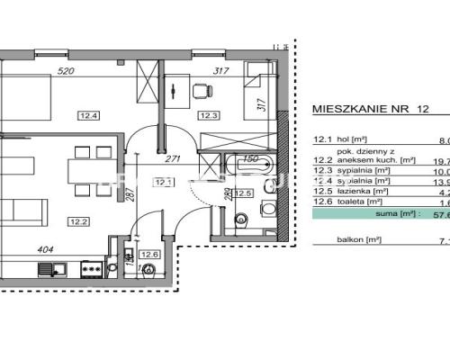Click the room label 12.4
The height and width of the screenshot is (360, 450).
coord(88,114)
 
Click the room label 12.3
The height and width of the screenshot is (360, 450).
coord(210,114)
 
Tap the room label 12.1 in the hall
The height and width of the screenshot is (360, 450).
coord(162,183)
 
